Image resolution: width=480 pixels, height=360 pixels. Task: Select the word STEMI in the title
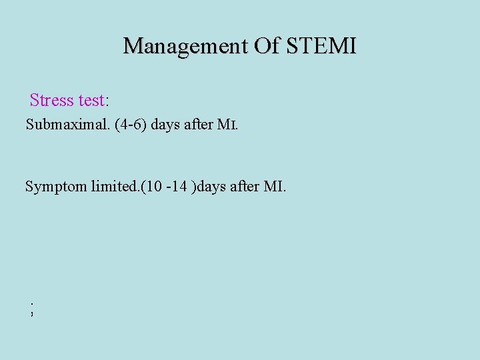pos(321,46)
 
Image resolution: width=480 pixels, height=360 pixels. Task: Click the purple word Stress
pos(51,101)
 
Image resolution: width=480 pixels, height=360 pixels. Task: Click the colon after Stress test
pos(107,102)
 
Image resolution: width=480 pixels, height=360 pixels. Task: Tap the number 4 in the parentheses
pos(124,125)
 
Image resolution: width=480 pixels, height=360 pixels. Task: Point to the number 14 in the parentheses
pos(179,186)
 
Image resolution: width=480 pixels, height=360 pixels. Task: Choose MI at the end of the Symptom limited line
pos(275,186)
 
